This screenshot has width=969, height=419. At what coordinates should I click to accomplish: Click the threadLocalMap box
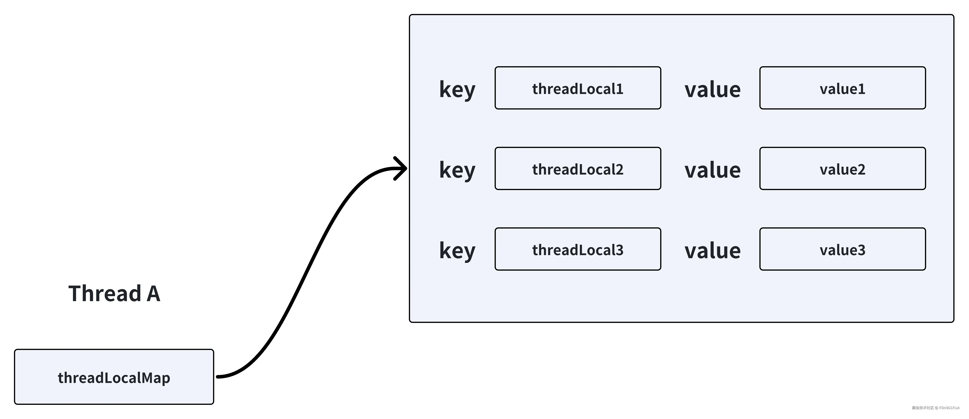coord(114,377)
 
